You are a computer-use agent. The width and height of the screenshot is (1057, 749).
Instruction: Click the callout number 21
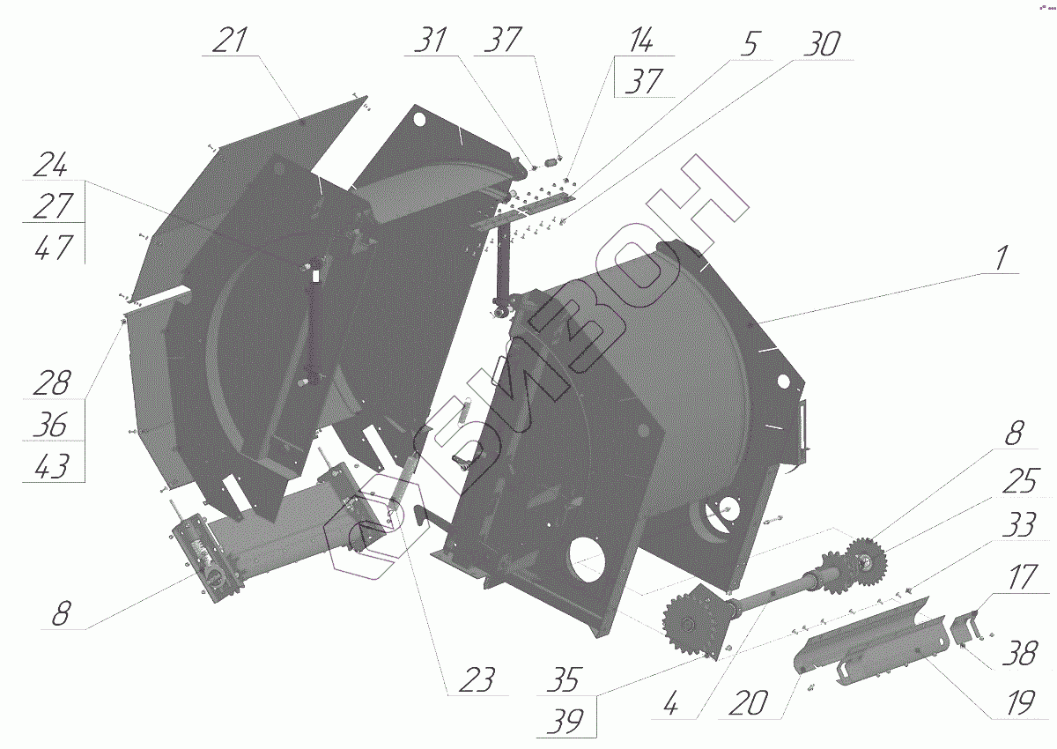(x=230, y=40)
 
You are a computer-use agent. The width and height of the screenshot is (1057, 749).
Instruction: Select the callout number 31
(x=431, y=40)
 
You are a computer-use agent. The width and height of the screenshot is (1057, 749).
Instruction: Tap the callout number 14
(x=641, y=40)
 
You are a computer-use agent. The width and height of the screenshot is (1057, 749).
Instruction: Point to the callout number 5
(x=750, y=44)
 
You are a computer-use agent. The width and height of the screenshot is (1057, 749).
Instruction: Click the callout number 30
(x=822, y=44)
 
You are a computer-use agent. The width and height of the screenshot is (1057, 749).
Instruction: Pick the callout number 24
(x=51, y=164)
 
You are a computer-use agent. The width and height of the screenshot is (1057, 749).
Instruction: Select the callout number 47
(x=54, y=247)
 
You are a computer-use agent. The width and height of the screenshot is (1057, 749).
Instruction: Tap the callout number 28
(x=52, y=382)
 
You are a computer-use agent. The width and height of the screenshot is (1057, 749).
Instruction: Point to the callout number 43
(x=52, y=466)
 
